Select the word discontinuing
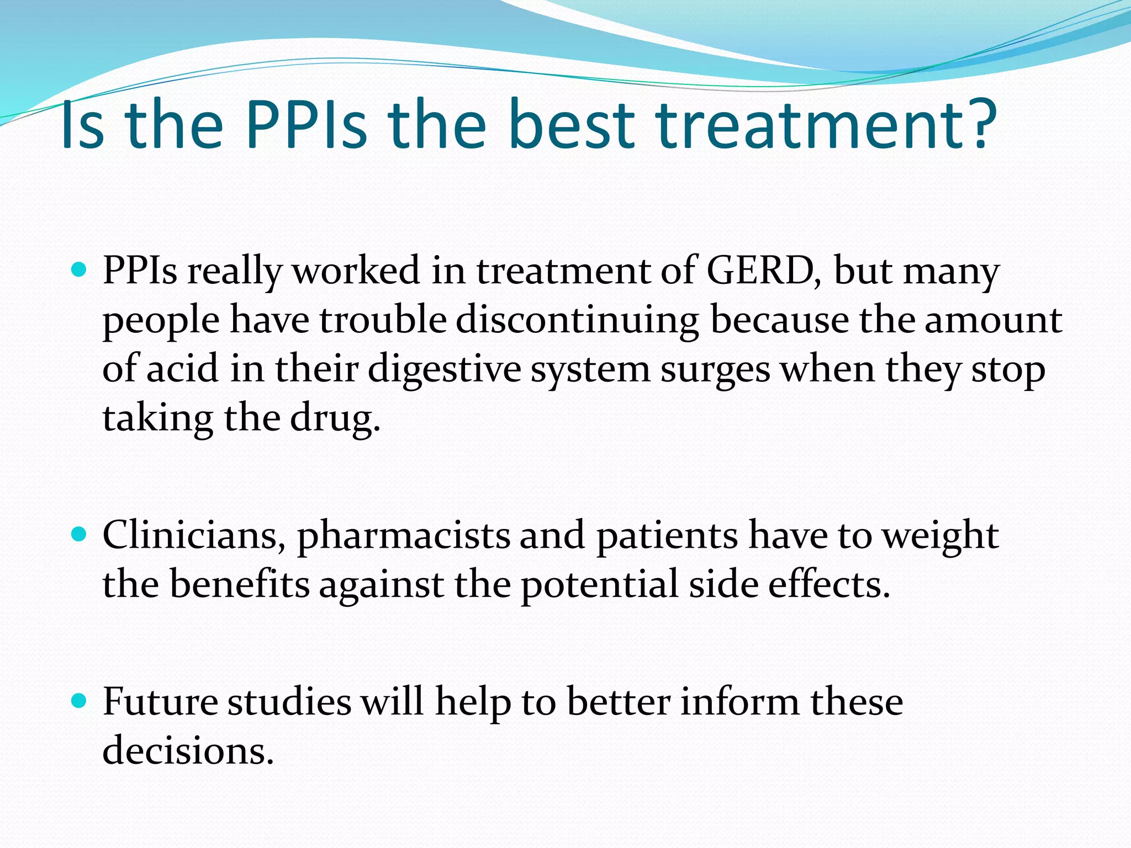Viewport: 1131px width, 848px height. (577, 320)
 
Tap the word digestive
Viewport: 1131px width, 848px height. (445, 369)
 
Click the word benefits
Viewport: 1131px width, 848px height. (239, 584)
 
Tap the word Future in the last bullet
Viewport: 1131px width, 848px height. (160, 702)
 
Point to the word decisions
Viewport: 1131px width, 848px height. (188, 750)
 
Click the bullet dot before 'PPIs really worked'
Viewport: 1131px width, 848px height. (80, 270)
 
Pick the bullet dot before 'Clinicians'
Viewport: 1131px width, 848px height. (80, 534)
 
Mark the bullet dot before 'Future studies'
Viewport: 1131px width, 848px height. (80, 701)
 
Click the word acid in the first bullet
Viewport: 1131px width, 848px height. (182, 369)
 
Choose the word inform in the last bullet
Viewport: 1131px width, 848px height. (739, 702)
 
